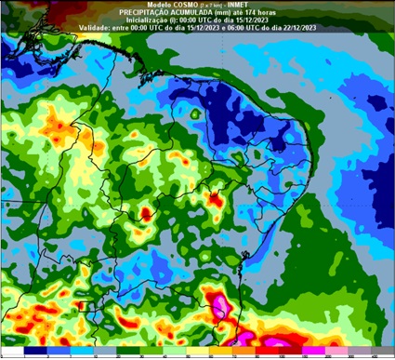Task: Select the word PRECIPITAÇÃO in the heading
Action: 146,10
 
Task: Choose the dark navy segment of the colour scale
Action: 35,352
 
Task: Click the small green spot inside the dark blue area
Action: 195,114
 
